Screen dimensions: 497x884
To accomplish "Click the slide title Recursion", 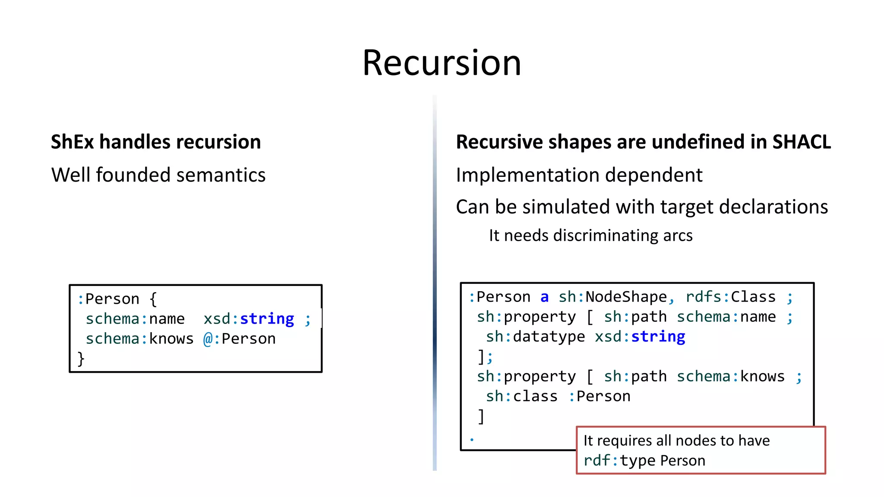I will (442, 63).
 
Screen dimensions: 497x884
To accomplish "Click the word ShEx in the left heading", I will (72, 142).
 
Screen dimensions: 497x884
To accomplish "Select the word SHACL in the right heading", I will (801, 142).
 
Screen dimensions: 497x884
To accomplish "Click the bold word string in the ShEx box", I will (267, 319).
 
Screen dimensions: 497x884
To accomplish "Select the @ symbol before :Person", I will (208, 339).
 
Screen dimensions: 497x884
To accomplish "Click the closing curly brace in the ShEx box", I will (81, 359).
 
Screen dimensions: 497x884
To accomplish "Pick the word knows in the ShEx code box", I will (171, 339).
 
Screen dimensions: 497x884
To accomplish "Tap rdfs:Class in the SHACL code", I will (730, 297).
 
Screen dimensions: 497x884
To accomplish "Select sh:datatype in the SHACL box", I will (535, 337).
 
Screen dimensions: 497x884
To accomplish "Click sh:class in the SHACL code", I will (521, 396).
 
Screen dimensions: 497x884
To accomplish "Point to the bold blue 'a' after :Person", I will (544, 297).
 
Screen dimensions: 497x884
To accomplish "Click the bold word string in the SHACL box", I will (658, 337).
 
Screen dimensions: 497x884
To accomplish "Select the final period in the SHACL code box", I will (472, 440).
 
